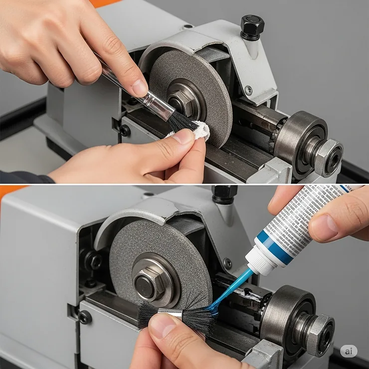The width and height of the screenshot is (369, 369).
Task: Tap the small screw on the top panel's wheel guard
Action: tap(248, 90)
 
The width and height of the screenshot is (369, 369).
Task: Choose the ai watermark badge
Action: tap(349, 351)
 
